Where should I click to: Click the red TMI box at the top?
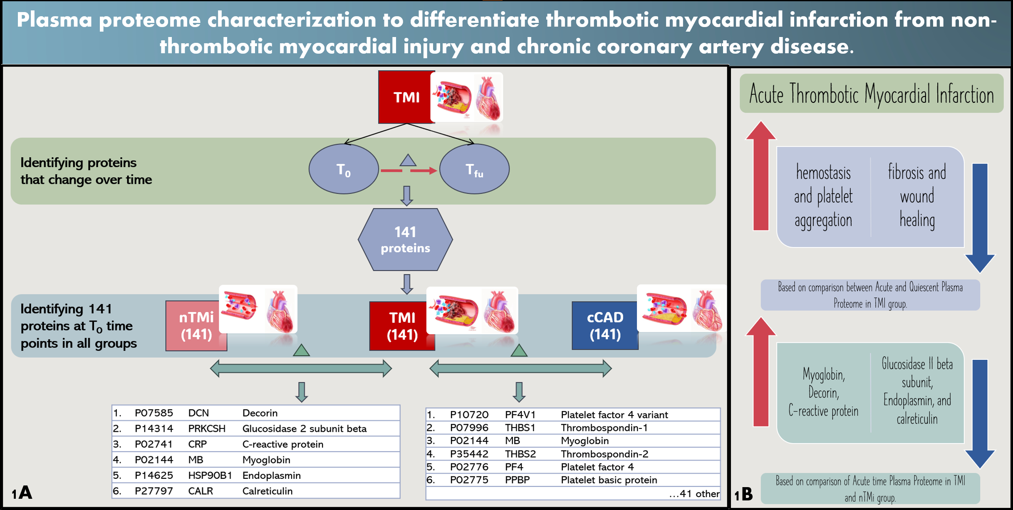pos(406,97)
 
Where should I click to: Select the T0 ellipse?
pos(344,169)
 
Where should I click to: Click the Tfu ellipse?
pos(474,169)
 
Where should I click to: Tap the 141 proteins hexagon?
pos(405,240)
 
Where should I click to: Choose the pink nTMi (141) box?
pos(196,326)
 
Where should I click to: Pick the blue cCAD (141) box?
pos(605,326)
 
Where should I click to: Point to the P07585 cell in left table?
pos(154,413)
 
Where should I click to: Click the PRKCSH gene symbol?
pos(207,428)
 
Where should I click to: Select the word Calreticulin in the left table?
pos(267,491)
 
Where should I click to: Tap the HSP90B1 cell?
pos(210,475)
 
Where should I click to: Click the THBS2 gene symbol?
pos(520,454)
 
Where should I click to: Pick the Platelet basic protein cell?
pos(609,480)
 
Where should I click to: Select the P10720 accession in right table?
pos(469,415)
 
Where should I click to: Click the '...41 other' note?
pos(694,494)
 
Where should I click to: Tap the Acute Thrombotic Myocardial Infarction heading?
pos(871,94)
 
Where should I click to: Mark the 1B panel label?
pos(743,494)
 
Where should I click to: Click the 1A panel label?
pos(22,493)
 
